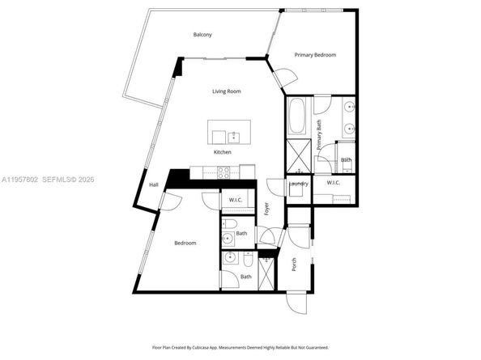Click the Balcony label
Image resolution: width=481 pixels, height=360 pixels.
coord(202,35)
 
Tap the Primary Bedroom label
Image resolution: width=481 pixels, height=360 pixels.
coord(315,55)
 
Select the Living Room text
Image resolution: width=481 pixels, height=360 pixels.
coord(227,91)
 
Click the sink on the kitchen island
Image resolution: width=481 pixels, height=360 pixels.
coord(234,134)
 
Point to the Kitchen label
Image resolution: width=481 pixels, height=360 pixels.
coord(223,152)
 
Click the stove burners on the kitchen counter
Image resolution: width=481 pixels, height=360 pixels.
coord(223,171)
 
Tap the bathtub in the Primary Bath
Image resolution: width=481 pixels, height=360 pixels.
coord(296,118)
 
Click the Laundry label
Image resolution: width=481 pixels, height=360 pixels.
coord(298,184)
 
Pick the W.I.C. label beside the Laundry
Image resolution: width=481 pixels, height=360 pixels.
coord(334,184)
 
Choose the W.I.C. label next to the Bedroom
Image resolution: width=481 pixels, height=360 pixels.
coord(236,200)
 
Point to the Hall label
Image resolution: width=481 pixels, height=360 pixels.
coord(153,184)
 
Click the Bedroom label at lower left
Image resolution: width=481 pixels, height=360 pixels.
coord(185,243)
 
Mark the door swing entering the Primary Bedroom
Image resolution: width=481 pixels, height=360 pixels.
coord(283,80)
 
